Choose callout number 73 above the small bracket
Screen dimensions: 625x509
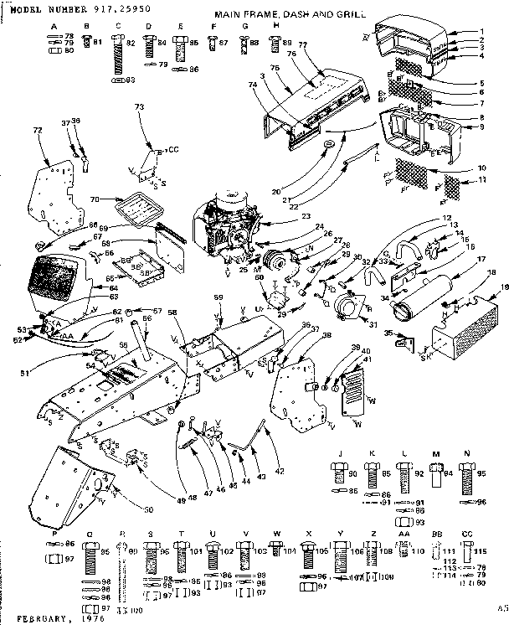(139, 107)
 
